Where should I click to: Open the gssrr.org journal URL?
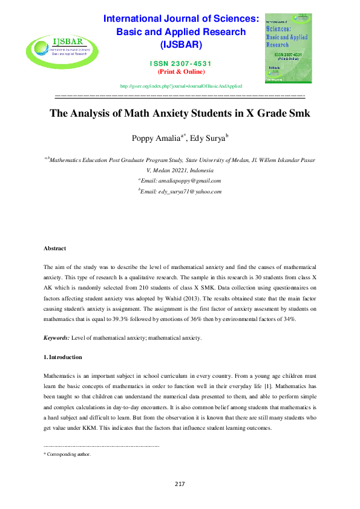[182, 86]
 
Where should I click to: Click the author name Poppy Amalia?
[154, 138]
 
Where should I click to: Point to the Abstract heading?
[54, 248]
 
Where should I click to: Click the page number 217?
[180, 484]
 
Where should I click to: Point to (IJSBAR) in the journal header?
[182, 45]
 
